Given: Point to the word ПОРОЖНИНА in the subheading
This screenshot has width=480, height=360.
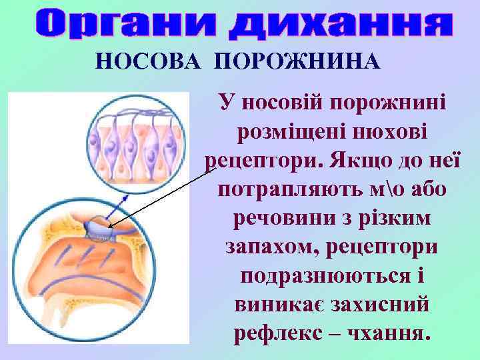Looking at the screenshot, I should tap(297, 61).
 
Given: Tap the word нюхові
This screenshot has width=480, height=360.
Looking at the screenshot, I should tap(387, 132).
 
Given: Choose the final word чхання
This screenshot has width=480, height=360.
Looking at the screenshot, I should tap(383, 333).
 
